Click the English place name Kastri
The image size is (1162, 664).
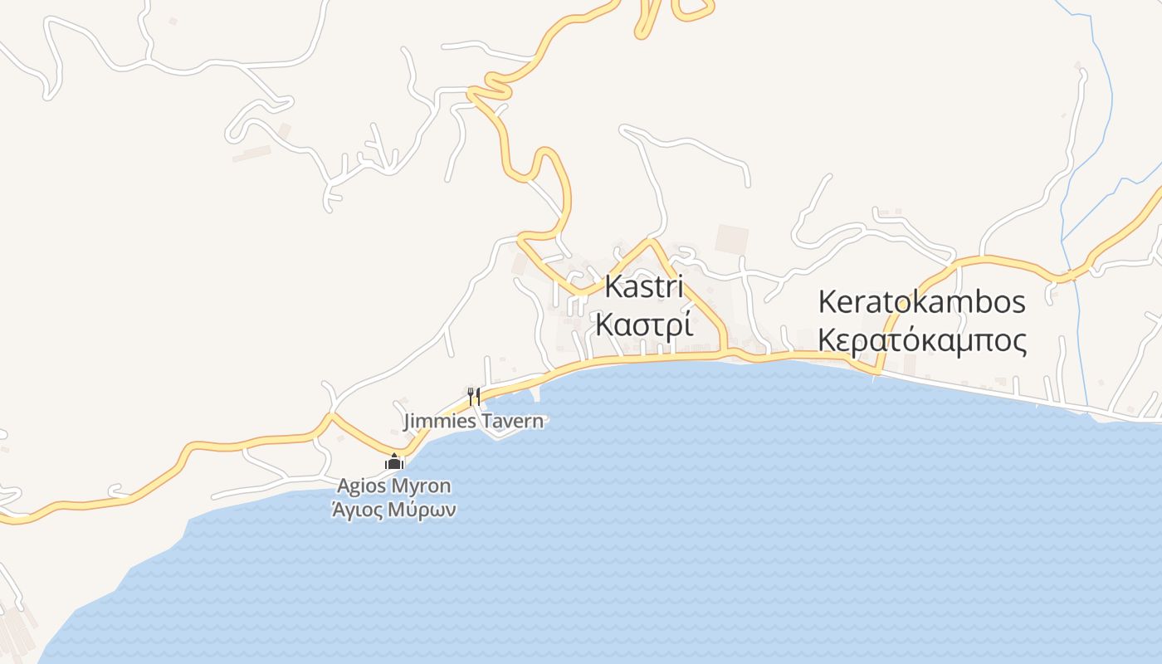pos(644,287)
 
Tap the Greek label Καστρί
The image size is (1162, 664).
pos(644,325)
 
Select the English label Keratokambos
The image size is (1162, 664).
pos(921,302)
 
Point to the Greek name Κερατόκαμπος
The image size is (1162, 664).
pos(921,340)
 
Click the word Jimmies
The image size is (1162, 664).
pos(439,422)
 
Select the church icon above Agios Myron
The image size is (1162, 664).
pos(394,462)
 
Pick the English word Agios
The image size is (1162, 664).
pos(363,486)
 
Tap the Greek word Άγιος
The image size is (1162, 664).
pos(358,510)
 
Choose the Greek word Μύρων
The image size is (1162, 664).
pos(422,510)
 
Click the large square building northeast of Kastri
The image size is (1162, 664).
pos(731,240)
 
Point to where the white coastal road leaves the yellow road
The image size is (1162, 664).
pos(877,371)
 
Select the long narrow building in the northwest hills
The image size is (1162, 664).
pos(251,154)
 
